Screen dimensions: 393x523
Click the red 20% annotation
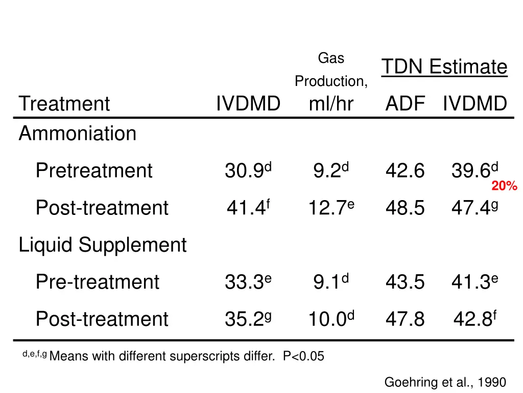tap(504, 187)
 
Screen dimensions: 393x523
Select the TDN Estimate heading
tap(444, 67)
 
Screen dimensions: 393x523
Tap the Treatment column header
tap(64, 104)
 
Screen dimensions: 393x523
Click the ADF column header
tap(405, 104)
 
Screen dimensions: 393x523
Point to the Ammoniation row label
tap(78, 134)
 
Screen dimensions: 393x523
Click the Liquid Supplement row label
tap(103, 245)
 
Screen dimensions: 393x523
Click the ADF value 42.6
tap(405, 171)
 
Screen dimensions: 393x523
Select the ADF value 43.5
tap(405, 282)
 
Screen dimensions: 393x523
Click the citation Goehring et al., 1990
tap(445, 382)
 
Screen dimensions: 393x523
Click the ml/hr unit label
tap(331, 104)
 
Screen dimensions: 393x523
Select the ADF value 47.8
tap(405, 319)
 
